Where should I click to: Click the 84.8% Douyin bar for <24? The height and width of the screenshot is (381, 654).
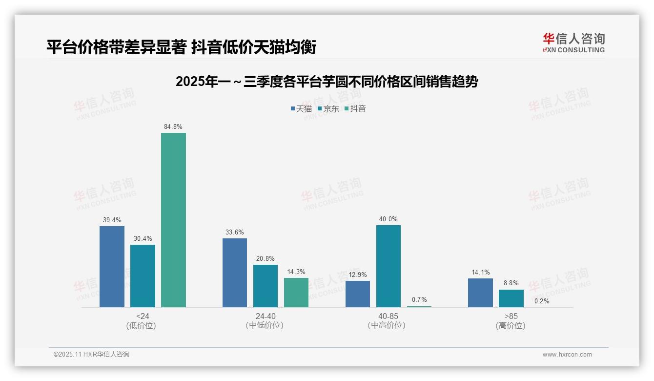point(173,220)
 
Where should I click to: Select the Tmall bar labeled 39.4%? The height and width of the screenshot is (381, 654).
point(112,267)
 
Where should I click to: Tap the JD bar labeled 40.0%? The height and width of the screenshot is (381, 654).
point(388,266)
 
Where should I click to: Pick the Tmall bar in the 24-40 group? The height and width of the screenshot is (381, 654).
point(235,273)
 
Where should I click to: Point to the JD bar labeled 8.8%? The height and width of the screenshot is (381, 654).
point(511,298)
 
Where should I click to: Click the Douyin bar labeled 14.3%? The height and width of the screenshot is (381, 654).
point(296,293)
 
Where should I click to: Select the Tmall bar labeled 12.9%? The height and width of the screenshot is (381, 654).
point(358,294)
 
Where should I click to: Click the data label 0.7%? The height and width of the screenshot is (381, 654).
point(419,299)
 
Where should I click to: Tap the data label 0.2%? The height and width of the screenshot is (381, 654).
point(542,301)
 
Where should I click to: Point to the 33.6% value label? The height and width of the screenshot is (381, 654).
point(235,232)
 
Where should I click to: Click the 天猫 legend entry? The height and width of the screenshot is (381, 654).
point(301,108)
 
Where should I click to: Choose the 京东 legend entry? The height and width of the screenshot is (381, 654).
point(328,108)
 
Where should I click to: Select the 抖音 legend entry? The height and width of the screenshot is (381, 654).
point(355,108)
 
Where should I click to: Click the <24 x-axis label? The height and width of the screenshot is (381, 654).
point(143,317)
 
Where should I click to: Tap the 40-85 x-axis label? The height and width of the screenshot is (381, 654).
point(388,317)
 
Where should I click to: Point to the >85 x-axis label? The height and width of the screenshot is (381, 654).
point(511,317)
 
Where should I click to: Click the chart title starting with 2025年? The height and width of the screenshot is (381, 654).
point(327,82)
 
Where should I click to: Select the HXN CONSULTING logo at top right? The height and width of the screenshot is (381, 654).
point(573,43)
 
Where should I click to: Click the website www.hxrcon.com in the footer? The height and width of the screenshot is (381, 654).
point(567,355)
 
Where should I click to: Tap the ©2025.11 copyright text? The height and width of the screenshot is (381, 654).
point(91,355)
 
